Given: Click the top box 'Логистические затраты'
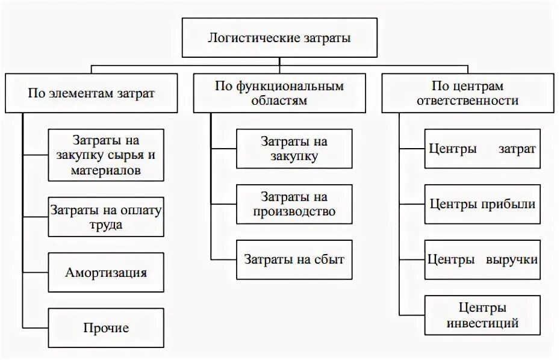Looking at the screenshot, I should (x=279, y=38).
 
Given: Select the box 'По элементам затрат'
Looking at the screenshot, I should (x=91, y=93).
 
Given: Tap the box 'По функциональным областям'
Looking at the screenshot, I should (x=279, y=93).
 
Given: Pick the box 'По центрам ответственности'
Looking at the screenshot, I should (x=467, y=93).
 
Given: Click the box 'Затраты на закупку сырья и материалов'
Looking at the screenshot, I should (x=107, y=155).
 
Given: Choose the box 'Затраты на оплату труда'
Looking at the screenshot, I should (x=107, y=217).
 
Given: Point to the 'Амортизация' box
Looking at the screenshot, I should (x=107, y=272).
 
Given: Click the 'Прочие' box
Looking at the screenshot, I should (x=107, y=328).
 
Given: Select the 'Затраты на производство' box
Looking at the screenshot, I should (x=294, y=205).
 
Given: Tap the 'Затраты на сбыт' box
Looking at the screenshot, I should (x=294, y=259).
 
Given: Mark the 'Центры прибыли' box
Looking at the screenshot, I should (x=482, y=204).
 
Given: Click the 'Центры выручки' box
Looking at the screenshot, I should (x=482, y=259).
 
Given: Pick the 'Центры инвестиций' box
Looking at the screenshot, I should (x=482, y=315).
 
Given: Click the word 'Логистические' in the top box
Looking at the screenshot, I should (x=246, y=38).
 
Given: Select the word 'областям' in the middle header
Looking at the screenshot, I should (x=279, y=101).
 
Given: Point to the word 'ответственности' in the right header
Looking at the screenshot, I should (x=467, y=101).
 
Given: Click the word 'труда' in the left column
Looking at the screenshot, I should (x=107, y=225).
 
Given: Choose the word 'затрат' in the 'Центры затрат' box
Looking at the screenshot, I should (x=517, y=149).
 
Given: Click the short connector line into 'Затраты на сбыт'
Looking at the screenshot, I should (x=223, y=259).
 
